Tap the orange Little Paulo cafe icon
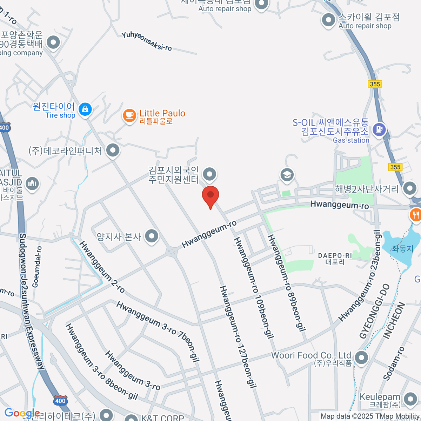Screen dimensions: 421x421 coord(129,115)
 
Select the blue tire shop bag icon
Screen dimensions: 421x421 coord(85,109)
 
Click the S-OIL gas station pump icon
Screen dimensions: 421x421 coord(379,129)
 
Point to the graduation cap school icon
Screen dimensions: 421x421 coord(287,174)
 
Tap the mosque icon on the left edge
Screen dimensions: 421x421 coord(33,183)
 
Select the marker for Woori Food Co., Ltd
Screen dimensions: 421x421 coord(361,358)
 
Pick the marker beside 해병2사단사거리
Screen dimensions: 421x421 coord(410,188)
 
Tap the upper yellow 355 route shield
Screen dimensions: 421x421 coord(375,84)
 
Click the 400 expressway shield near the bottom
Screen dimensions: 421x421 coord(60,401)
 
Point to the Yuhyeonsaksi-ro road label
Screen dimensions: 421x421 coord(147,41)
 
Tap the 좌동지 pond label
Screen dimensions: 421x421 coord(402,249)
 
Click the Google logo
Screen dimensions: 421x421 coord(22,413)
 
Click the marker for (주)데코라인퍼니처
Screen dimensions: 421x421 coord(113,151)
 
